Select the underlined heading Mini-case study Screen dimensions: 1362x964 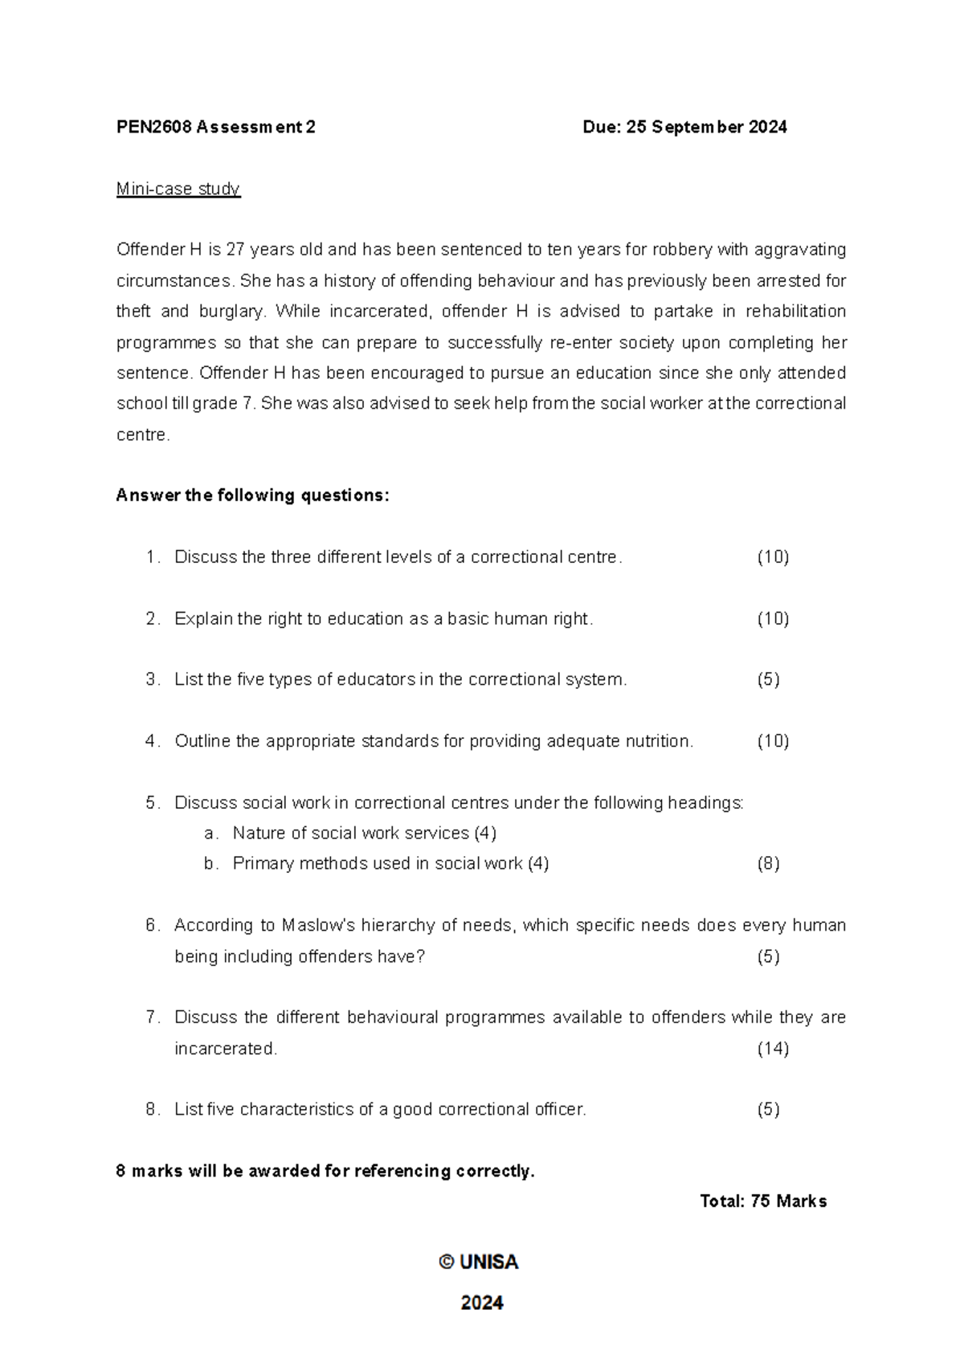pyautogui.click(x=178, y=189)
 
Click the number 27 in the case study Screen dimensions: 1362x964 pyautogui.click(x=235, y=250)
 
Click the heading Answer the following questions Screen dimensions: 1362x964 pyautogui.click(x=252, y=495)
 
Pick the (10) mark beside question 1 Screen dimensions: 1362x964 pyautogui.click(x=773, y=557)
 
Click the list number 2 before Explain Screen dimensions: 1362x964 pyautogui.click(x=152, y=619)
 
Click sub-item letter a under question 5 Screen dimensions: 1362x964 pyautogui.click(x=209, y=834)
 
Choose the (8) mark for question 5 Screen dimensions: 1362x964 pyautogui.click(x=768, y=864)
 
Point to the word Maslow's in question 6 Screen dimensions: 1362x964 pyautogui.click(x=318, y=926)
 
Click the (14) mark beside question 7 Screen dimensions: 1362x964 pyautogui.click(x=773, y=1049)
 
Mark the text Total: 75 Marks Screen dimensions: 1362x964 pyautogui.click(x=763, y=1201)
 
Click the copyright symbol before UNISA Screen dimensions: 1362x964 pyautogui.click(x=447, y=1262)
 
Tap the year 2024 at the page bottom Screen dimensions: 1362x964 pyautogui.click(x=482, y=1303)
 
